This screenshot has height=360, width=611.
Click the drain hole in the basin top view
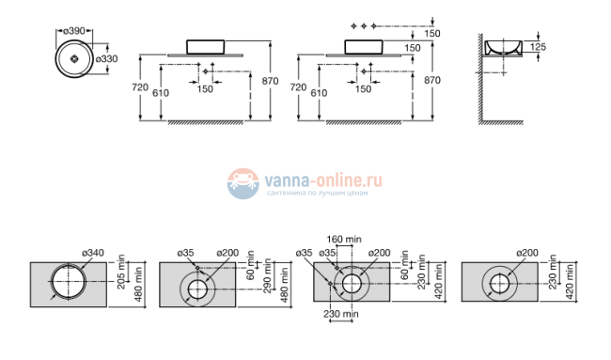[x=73, y=56]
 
